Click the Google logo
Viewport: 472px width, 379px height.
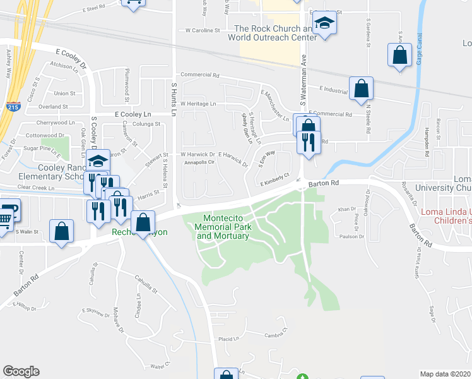(21, 371)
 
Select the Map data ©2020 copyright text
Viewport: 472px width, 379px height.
(445, 374)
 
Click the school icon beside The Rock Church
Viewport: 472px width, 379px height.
(325, 24)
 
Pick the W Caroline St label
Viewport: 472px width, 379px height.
(202, 30)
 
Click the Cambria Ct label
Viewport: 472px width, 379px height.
(276, 335)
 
